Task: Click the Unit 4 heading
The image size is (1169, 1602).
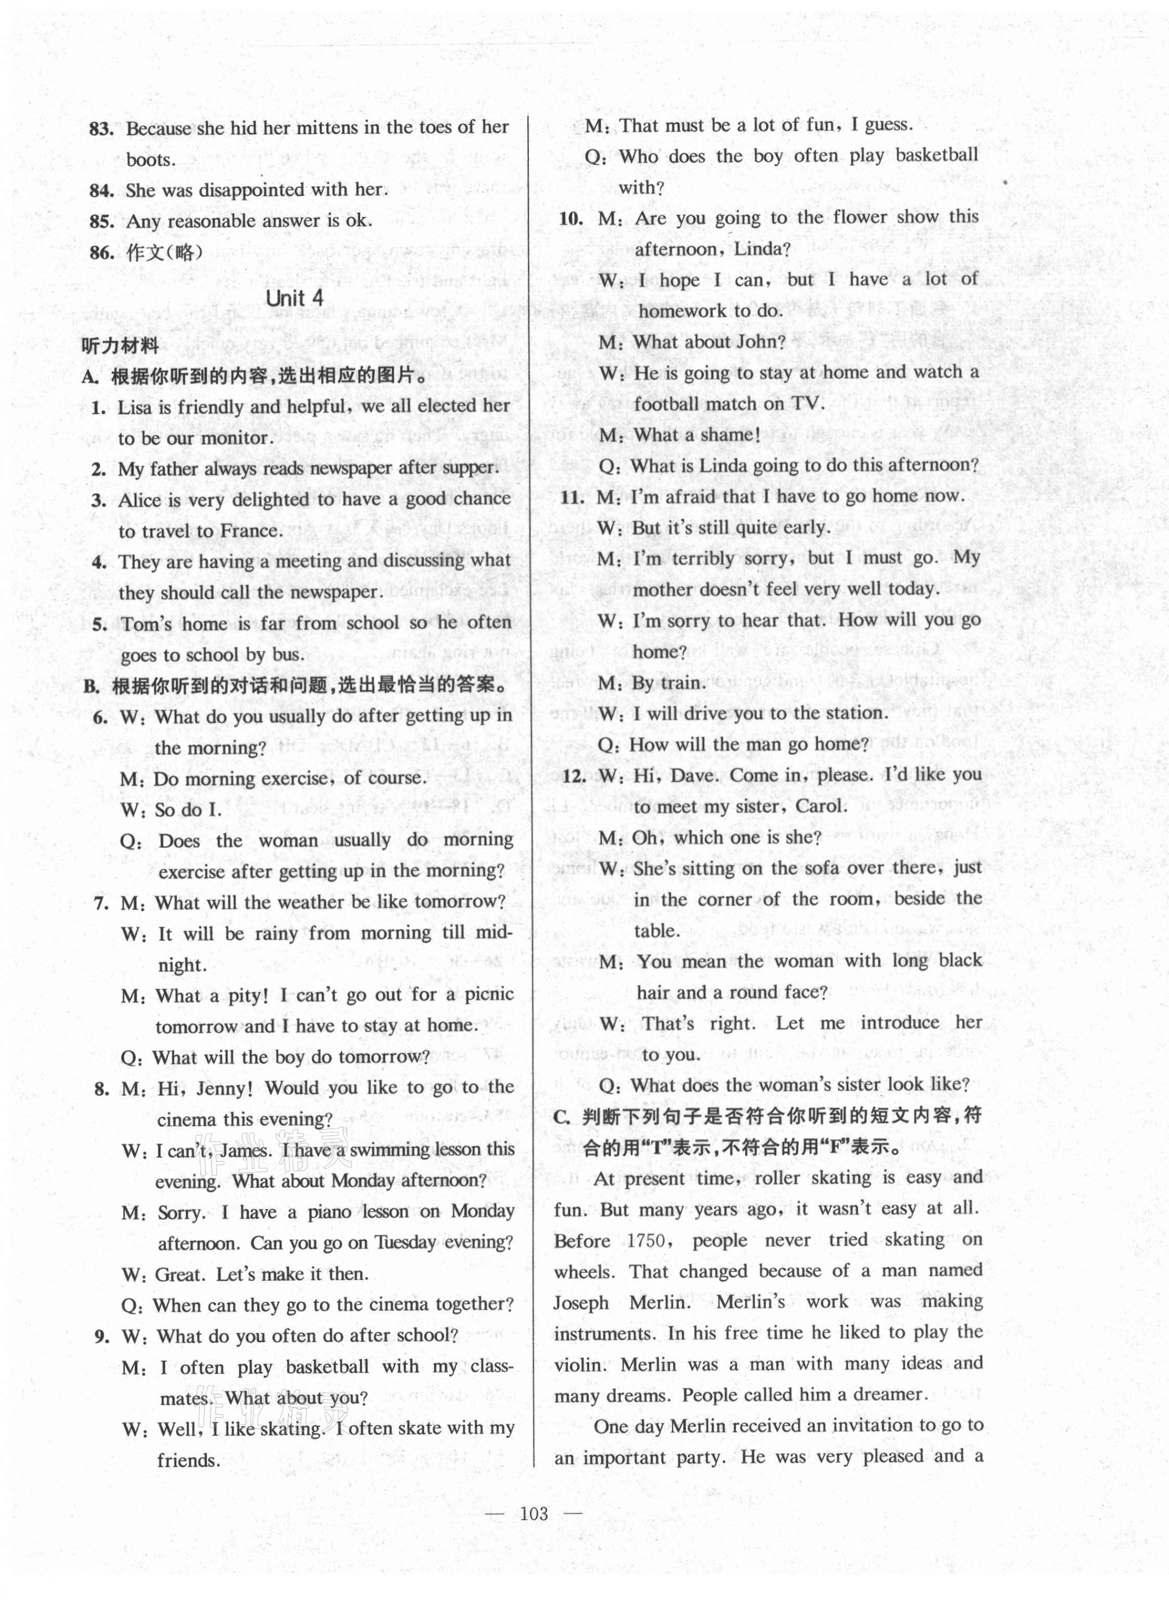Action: [x=294, y=298]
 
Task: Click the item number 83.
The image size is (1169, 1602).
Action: [x=101, y=129]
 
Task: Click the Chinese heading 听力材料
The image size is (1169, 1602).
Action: [x=120, y=345]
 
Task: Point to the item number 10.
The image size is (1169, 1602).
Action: [x=571, y=218]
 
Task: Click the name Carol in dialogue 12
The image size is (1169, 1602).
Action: [x=821, y=806]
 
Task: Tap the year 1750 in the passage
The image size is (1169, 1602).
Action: [x=647, y=1241]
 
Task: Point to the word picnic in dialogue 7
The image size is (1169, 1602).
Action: [x=488, y=994]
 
